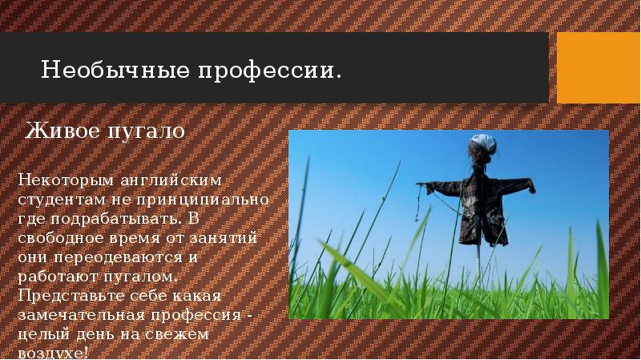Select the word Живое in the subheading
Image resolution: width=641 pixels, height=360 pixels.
point(55,131)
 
